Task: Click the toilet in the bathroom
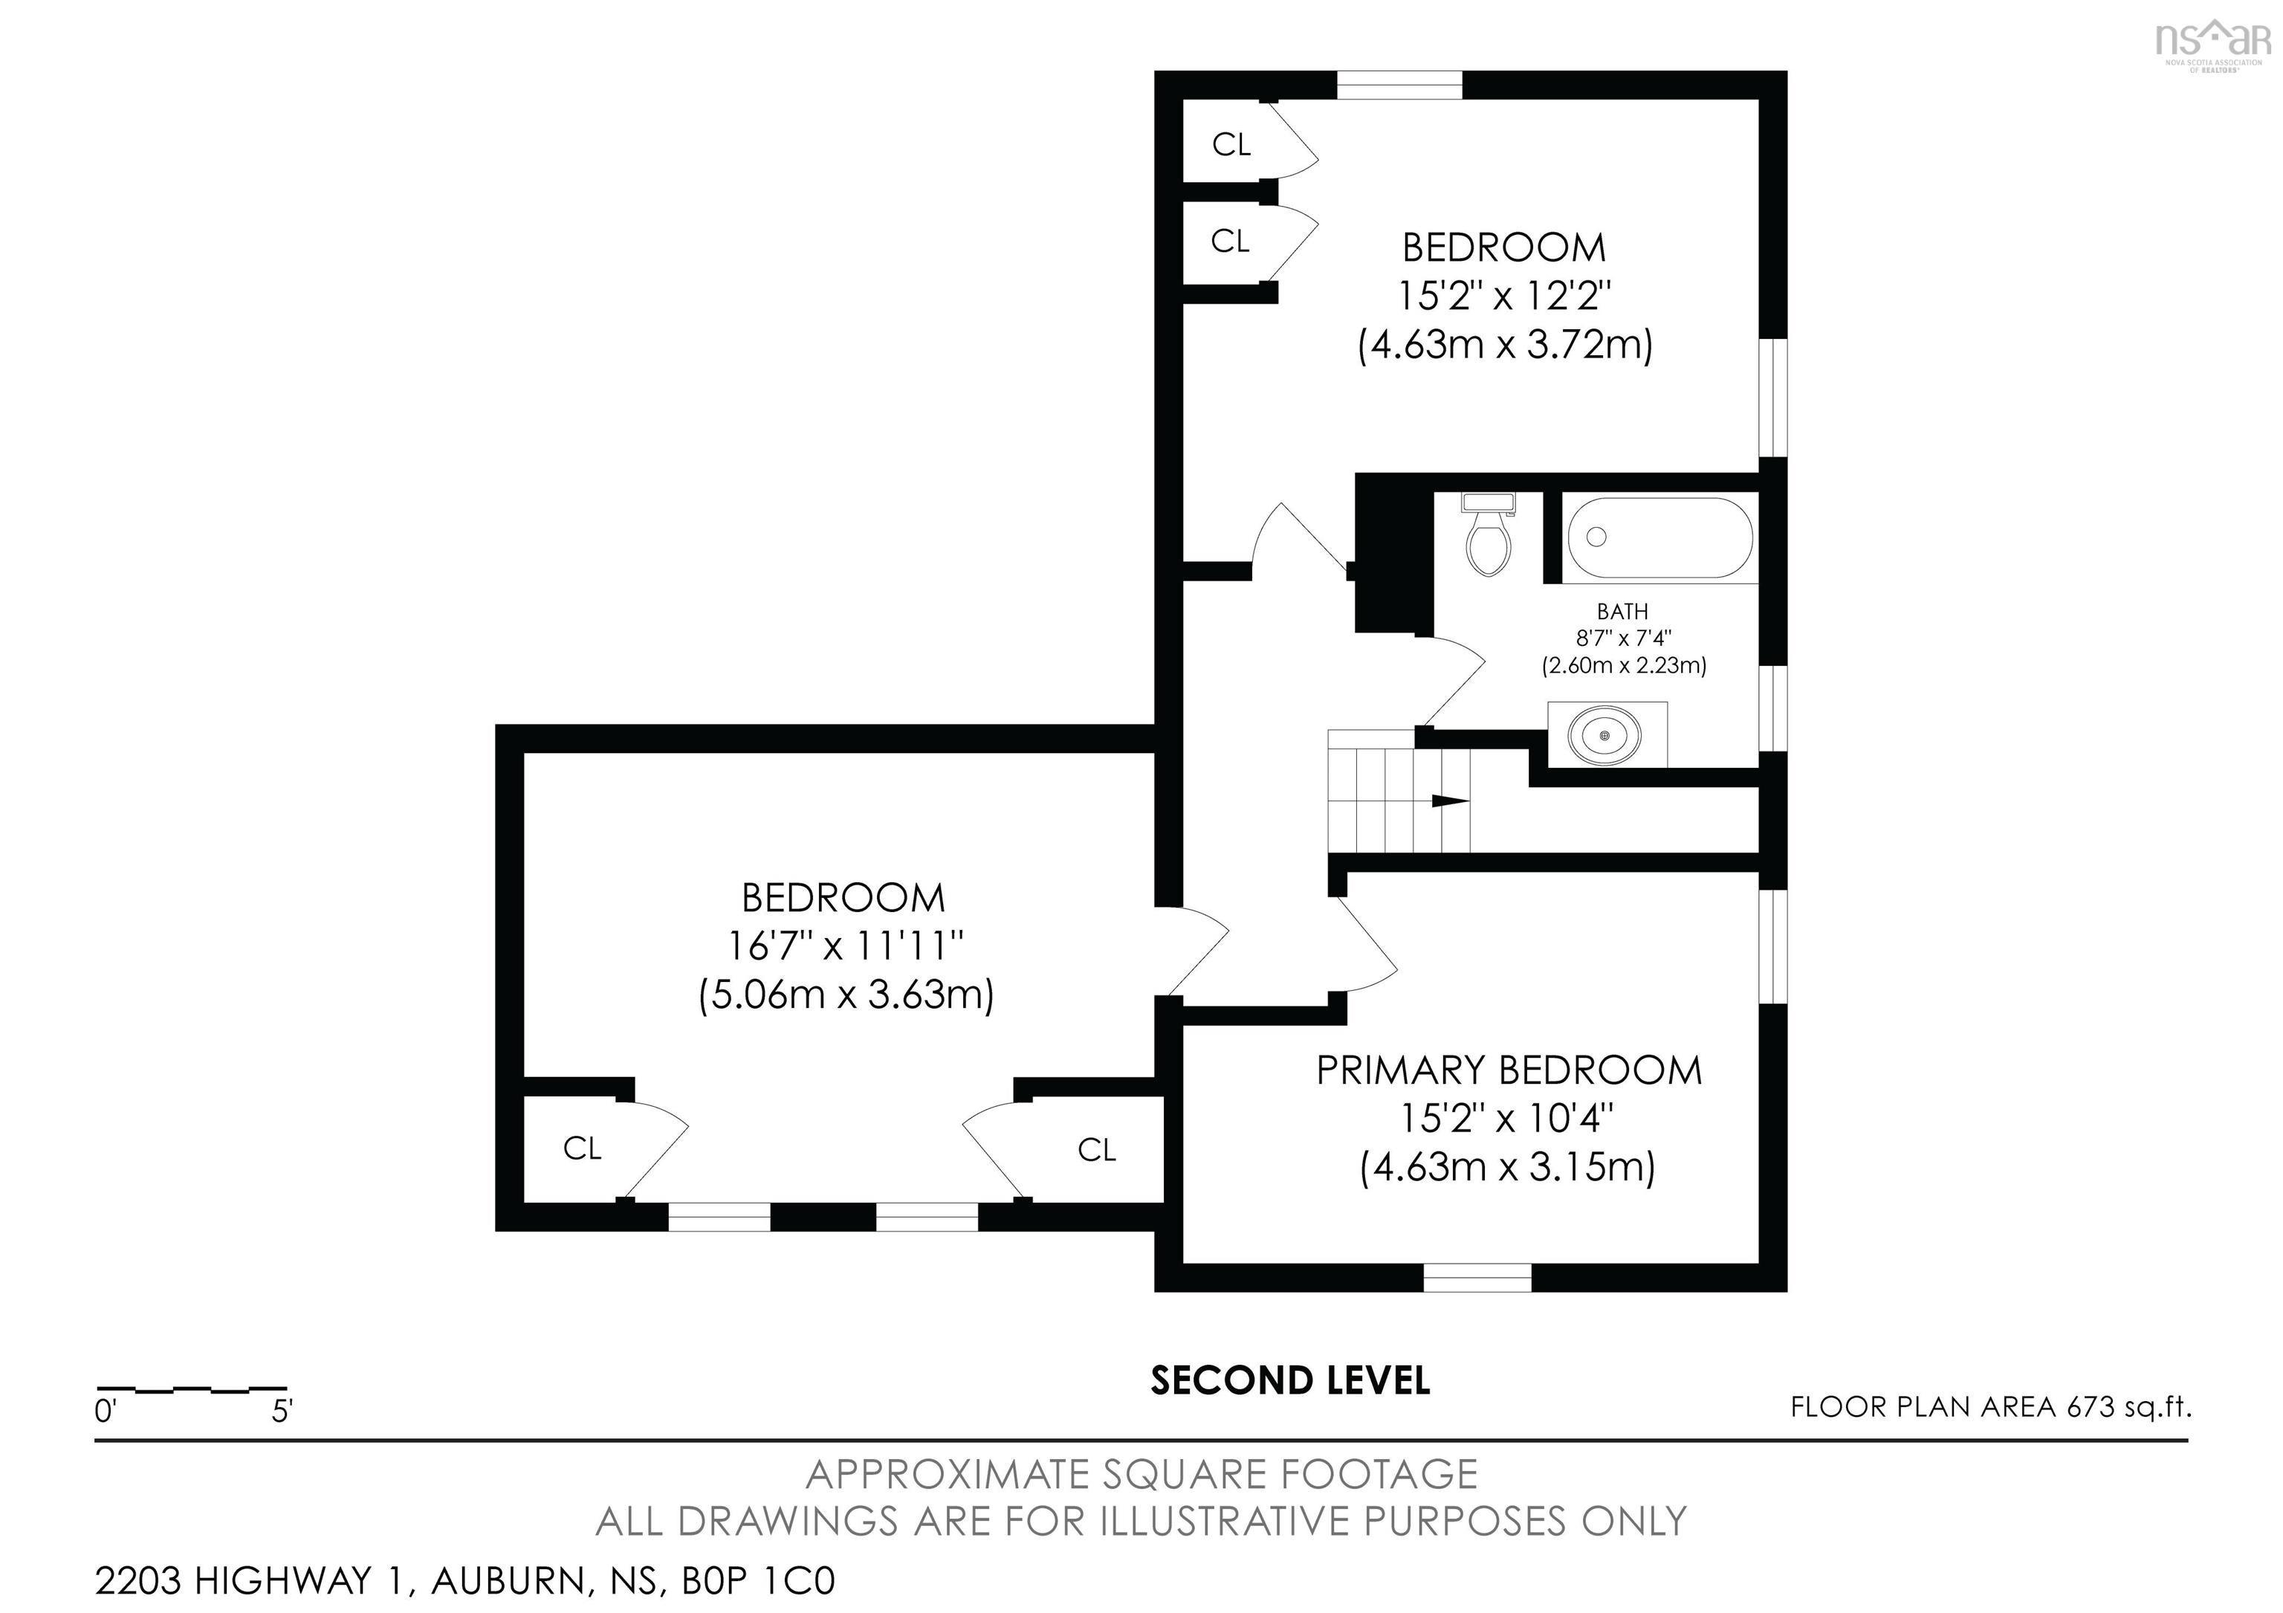coord(1488,536)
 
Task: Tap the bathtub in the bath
coord(1659,538)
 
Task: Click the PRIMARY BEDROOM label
coord(1509,1071)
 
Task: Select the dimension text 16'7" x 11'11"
coord(845,946)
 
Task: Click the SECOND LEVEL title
coord(1289,1380)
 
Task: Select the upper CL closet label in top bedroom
coord(1231,145)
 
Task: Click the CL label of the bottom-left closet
coord(582,1148)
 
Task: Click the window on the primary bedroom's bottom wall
coord(1477,1277)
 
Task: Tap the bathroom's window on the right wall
coord(1773,708)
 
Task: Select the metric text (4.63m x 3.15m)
coord(1507,1166)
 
